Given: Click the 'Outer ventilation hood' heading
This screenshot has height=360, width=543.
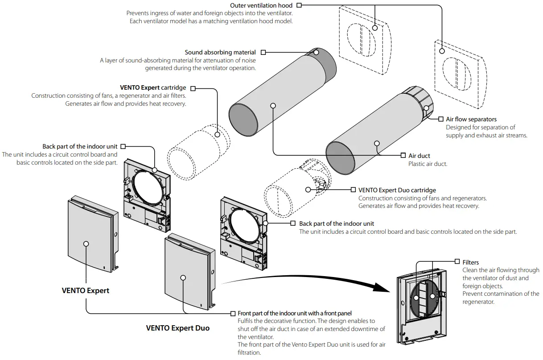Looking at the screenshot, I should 261,5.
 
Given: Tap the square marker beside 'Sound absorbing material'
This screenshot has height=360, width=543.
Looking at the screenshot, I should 263,53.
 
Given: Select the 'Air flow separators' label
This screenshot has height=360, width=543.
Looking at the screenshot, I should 471,119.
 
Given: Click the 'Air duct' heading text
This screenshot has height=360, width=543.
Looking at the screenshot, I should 419,156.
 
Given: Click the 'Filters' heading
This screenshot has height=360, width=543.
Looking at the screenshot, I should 470,262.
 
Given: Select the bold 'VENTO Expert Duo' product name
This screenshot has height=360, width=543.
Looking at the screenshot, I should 177,328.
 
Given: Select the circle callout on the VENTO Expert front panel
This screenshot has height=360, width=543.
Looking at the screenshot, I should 86,244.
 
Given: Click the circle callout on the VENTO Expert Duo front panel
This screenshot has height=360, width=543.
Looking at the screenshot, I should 183,277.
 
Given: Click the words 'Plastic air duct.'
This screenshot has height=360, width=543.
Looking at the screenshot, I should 428,164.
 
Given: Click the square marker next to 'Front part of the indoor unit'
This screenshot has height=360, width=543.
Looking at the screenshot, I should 234,314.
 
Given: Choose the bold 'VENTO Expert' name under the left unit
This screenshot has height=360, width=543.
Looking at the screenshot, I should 85,290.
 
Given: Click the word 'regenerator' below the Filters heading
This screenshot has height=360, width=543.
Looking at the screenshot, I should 478,302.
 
